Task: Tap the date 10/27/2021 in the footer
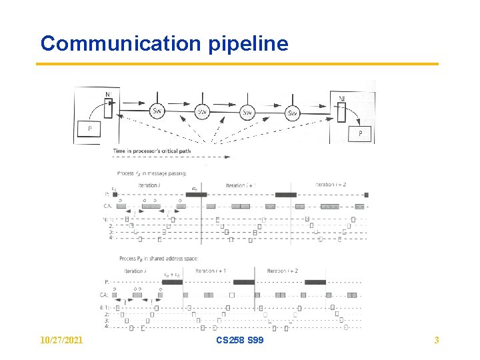(x=61, y=341)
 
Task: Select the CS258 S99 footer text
(x=240, y=341)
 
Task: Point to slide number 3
(x=437, y=341)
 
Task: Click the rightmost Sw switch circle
(x=292, y=113)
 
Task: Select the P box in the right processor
(x=361, y=133)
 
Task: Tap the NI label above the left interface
(x=108, y=95)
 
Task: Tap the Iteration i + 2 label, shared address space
(x=282, y=271)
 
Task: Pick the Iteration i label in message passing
(x=149, y=185)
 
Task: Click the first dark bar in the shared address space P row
(x=172, y=282)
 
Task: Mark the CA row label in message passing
(x=107, y=206)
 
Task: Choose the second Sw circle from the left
(x=202, y=112)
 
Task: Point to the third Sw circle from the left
(x=247, y=113)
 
